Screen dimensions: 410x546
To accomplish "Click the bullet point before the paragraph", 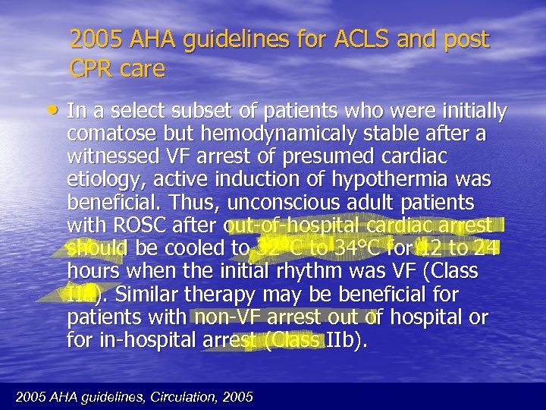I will (x=57, y=112).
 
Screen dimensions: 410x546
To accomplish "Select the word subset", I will (x=193, y=112).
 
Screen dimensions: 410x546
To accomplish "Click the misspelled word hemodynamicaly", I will (x=266, y=135).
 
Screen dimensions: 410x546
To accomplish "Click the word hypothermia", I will (x=400, y=181).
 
